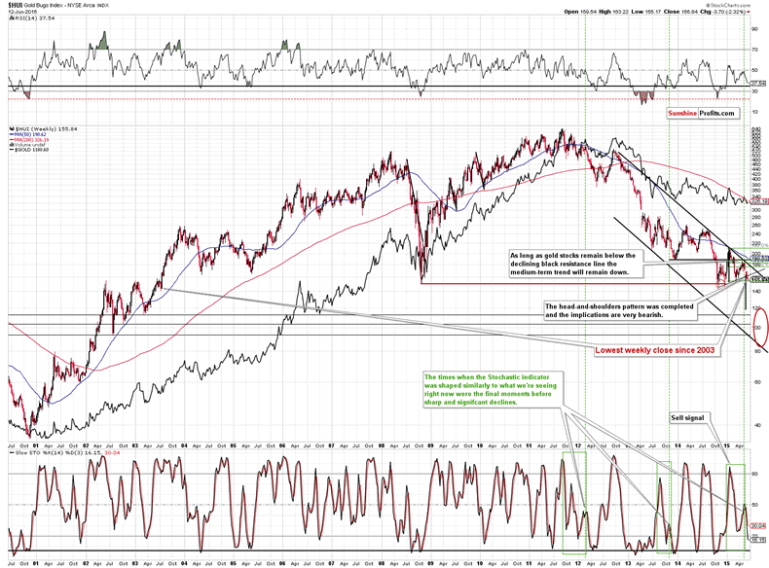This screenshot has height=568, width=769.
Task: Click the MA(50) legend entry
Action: point(29,133)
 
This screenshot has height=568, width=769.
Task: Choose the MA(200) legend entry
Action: point(31,139)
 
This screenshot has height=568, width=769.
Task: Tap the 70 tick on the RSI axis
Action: point(755,49)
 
